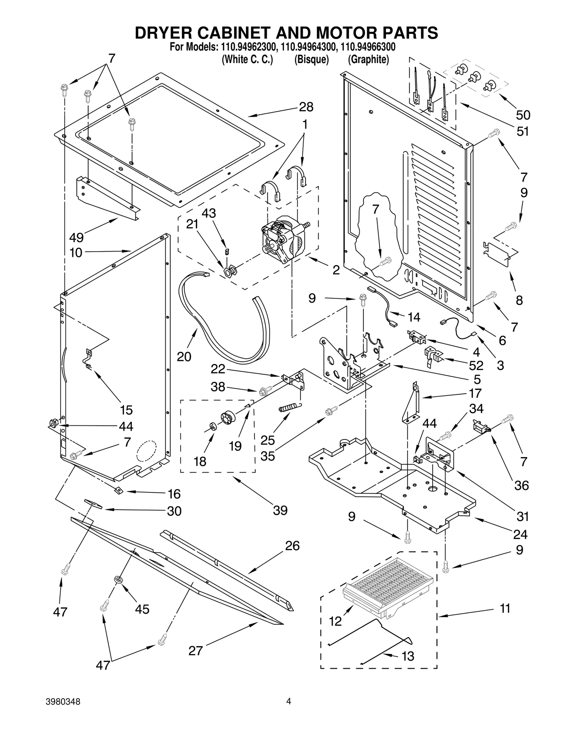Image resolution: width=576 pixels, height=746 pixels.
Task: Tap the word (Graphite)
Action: click(x=368, y=59)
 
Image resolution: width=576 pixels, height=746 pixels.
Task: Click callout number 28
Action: click(x=306, y=107)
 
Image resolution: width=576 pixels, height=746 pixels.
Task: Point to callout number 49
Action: click(x=76, y=237)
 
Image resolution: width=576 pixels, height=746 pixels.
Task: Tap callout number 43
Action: click(x=208, y=213)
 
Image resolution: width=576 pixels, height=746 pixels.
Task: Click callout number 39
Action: click(x=280, y=510)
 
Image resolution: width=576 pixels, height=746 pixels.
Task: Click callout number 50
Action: click(x=523, y=115)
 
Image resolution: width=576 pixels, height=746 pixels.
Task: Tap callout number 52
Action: click(x=476, y=366)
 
